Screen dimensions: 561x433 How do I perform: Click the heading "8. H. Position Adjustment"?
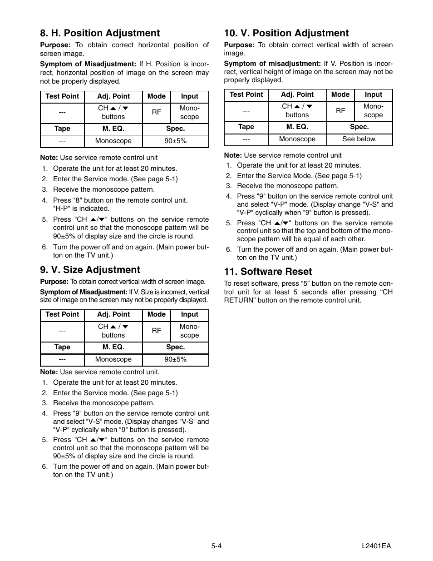(x=100, y=33)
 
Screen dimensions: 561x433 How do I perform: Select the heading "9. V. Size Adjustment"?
(x=90, y=270)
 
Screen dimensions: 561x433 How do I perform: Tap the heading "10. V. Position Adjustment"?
(x=286, y=33)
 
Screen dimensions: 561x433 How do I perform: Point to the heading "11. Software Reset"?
(x=268, y=272)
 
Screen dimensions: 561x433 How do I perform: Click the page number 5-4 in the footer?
(x=216, y=546)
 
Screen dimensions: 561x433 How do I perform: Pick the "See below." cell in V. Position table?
(x=359, y=139)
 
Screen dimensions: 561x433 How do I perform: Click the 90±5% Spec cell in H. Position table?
(x=175, y=141)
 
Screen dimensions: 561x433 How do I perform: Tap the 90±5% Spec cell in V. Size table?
(x=175, y=359)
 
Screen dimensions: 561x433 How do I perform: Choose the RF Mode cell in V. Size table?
(x=156, y=331)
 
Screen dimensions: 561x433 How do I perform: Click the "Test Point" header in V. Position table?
(x=246, y=94)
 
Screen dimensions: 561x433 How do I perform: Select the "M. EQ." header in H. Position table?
(x=113, y=129)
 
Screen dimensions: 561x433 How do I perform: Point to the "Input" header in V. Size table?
(x=189, y=314)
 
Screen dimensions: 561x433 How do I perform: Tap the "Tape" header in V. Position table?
(x=246, y=127)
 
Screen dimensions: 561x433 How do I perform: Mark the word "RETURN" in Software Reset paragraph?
(x=240, y=300)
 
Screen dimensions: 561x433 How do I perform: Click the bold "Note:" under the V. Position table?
(x=233, y=155)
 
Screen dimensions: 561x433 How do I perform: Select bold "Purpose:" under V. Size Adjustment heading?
(x=54, y=282)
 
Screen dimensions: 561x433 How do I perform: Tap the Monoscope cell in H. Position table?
(x=113, y=141)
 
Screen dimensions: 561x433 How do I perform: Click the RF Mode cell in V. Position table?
(x=340, y=110)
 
